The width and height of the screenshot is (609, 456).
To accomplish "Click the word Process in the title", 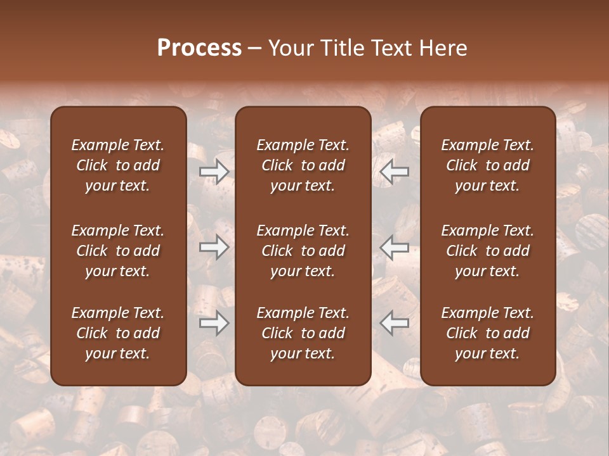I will tap(199, 48).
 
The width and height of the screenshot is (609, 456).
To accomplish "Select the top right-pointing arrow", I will tap(214, 172).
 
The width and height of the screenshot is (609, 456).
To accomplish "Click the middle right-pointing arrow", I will tap(214, 247).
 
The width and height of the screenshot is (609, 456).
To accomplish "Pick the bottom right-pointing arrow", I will tap(214, 323).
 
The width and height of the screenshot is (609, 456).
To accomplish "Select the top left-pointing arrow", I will tap(395, 172).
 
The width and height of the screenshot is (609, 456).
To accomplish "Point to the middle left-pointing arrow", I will tap(395, 247).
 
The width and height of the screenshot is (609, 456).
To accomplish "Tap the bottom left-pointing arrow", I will tap(395, 323).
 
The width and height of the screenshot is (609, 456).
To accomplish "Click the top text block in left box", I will tap(118, 165).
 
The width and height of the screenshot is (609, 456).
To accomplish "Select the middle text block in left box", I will tap(118, 251).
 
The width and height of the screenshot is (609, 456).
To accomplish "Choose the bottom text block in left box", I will tap(118, 333).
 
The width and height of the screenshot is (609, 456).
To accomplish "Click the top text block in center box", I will tap(303, 165).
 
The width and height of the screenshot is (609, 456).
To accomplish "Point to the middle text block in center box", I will tap(303, 251).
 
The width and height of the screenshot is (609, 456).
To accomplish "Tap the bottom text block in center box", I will tap(303, 333).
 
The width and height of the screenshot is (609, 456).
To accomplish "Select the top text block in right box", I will tap(487, 165).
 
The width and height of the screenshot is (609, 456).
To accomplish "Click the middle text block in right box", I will tap(487, 251).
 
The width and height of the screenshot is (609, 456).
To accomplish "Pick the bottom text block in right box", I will tap(487, 333).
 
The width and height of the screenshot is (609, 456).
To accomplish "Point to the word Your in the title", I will tap(290, 48).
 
